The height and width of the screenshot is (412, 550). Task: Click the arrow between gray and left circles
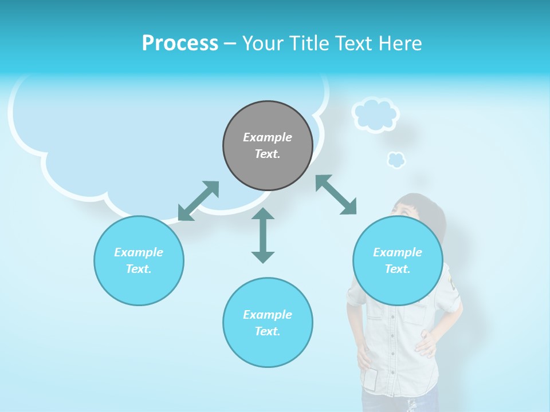[198, 201]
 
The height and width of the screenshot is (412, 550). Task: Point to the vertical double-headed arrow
[263, 235]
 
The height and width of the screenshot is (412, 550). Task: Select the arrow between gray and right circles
[336, 195]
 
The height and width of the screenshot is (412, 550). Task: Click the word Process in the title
[180, 43]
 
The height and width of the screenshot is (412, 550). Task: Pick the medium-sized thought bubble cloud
[375, 114]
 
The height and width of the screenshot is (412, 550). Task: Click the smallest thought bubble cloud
[396, 160]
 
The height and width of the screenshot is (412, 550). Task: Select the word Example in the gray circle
[268, 137]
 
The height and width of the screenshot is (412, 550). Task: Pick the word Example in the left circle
[139, 252]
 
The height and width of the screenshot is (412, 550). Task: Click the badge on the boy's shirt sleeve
[453, 283]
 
